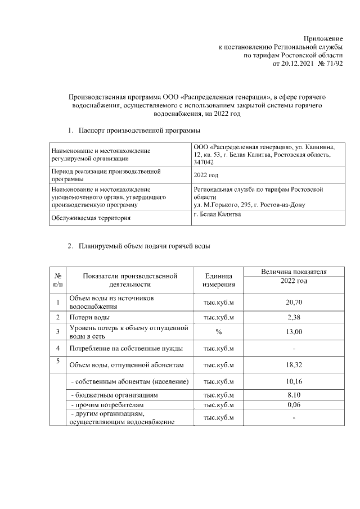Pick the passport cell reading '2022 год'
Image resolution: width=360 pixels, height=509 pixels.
click(206, 175)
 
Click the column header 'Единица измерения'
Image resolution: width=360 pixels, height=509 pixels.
click(218, 280)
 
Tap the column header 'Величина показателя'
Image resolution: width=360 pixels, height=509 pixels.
click(294, 272)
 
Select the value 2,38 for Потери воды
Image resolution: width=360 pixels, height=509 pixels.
click(294, 317)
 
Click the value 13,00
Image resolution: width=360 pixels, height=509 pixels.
click(294, 332)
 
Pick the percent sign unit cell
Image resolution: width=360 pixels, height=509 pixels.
click(218, 332)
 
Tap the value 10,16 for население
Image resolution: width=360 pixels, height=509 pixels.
click(294, 382)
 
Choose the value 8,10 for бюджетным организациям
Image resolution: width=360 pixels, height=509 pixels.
click(294, 395)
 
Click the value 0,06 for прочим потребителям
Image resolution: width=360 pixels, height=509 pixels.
click(294, 405)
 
